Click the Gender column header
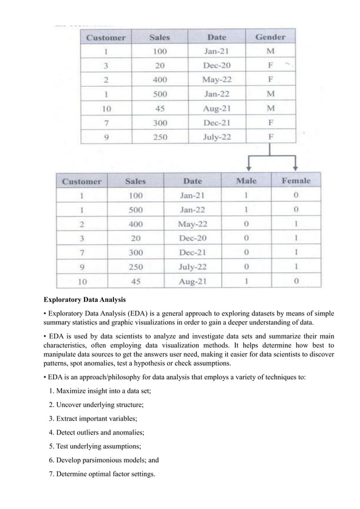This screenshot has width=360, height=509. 270,37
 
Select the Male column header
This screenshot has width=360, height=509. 246,181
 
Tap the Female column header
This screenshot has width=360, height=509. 296,181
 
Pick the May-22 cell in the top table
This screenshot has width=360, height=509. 216,80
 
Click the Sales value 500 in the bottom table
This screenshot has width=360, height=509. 135,209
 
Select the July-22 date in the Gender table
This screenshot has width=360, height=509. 216,137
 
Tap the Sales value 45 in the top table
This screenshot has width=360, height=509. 160,108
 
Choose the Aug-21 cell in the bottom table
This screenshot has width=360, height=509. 192,280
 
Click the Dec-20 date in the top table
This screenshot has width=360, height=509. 216,65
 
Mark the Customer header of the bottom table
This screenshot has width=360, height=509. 82,181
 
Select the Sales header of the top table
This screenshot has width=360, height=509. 160,37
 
